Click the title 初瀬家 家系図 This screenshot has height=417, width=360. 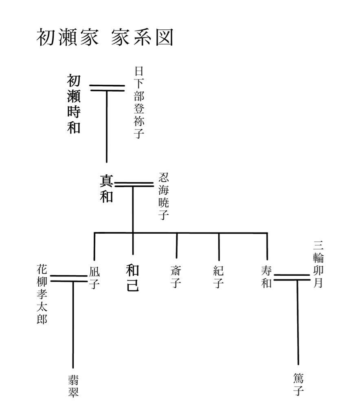click(x=105, y=37)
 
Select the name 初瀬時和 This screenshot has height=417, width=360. click(x=74, y=104)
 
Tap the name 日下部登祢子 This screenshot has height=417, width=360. click(x=139, y=102)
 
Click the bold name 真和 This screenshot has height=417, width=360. click(x=106, y=189)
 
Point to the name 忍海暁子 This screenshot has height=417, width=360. click(x=164, y=196)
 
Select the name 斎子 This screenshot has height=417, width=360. click(x=176, y=277)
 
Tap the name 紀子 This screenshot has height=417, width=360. click(x=218, y=277)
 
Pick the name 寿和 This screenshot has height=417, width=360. click(x=266, y=277)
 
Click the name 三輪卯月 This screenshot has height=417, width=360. click(x=318, y=264)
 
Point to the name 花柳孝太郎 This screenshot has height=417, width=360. click(x=42, y=294)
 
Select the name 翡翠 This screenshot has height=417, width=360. click(x=73, y=386)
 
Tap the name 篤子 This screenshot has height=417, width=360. click(x=299, y=384)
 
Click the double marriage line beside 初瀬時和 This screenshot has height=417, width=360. click(x=107, y=88)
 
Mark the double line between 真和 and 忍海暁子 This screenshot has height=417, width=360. click(x=134, y=184)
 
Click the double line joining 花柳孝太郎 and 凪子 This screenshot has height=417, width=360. click(x=68, y=279)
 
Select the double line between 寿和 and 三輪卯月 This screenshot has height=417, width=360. click(x=292, y=277)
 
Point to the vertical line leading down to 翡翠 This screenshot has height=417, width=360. click(x=73, y=325)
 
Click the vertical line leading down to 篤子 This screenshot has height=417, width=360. click(x=298, y=323)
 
